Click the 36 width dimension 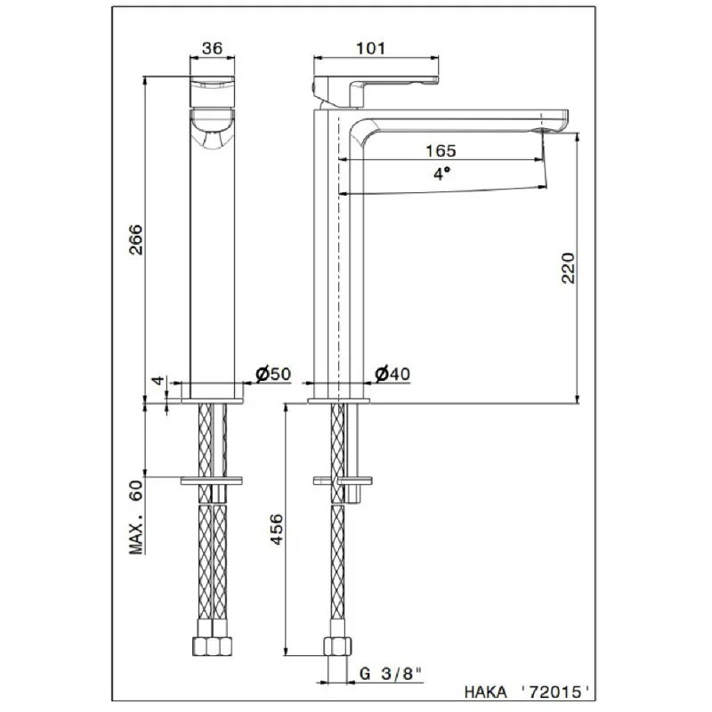click(212, 49)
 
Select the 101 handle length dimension click(370, 48)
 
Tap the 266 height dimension click(136, 239)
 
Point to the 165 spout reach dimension click(441, 150)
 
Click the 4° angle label click(441, 174)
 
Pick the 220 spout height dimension click(568, 268)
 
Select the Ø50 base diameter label click(273, 374)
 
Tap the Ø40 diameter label click(392, 374)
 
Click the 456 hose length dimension click(276, 529)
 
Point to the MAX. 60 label click(136, 517)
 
